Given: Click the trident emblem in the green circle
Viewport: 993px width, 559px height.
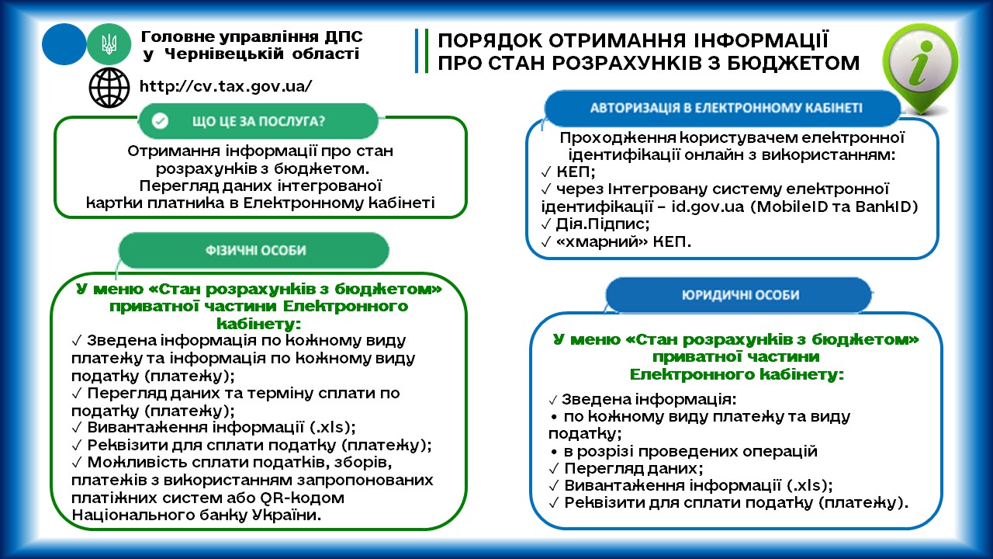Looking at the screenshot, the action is point(109,44).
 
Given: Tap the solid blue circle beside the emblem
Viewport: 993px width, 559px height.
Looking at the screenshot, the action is point(64,44).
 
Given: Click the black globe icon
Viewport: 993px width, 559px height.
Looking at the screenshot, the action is point(109,88).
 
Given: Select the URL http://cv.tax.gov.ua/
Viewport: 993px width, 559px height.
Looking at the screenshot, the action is point(226,86).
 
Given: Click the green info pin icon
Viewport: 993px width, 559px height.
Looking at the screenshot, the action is point(920,67).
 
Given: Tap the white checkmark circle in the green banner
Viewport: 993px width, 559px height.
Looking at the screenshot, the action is point(160,120).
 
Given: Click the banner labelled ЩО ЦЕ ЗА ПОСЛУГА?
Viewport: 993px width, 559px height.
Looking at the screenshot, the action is point(258,120).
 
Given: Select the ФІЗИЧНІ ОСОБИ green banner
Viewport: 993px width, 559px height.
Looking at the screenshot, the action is point(254,250).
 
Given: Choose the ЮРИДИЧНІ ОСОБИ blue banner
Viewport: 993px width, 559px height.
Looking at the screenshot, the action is point(739,294).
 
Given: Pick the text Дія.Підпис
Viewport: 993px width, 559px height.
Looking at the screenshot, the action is point(602,224).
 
